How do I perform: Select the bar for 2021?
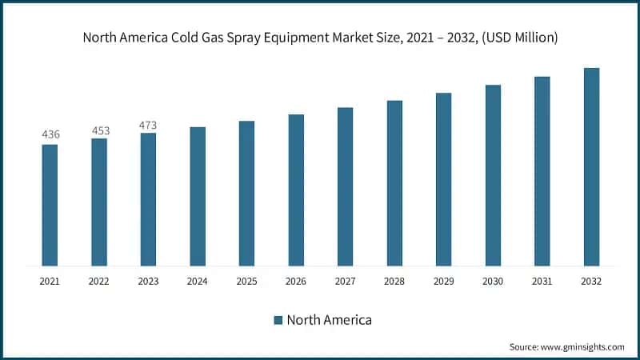click(50, 205)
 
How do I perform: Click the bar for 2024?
click(198, 196)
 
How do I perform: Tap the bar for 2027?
click(345, 186)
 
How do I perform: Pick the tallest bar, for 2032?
click(591, 166)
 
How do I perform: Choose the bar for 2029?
click(443, 179)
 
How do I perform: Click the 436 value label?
click(50, 134)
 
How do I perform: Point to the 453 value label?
click(100, 130)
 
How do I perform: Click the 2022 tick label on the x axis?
click(99, 282)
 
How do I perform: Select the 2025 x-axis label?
click(246, 282)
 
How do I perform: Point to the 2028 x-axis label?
click(394, 282)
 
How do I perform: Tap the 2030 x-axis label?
click(493, 282)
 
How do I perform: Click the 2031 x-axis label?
click(542, 282)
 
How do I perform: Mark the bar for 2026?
click(296, 190)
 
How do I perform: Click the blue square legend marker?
click(278, 320)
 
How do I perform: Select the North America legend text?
click(330, 320)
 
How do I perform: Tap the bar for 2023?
click(148, 199)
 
